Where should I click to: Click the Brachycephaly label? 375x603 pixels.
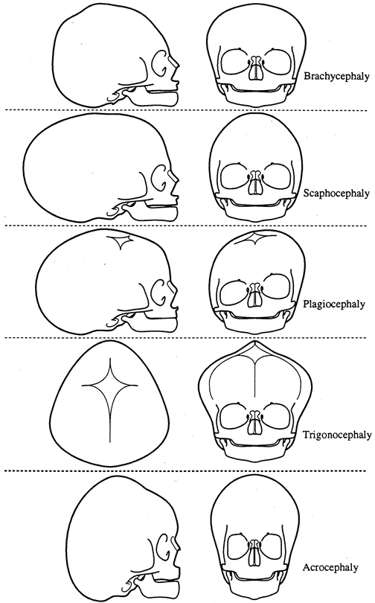pos(336,76)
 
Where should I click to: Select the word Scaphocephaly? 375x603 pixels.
pos(336,193)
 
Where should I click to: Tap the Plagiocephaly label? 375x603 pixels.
pos(334,304)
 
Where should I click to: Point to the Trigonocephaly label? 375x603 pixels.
pos(337,435)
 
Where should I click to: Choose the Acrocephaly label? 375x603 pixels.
pos(330,567)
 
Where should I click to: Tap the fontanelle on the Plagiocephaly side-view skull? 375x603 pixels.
pos(121,241)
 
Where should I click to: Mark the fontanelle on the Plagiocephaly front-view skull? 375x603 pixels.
pos(255,238)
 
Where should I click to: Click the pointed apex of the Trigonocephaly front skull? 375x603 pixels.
pos(255,342)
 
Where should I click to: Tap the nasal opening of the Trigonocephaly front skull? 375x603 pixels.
pos(255,424)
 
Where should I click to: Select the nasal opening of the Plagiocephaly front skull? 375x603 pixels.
pos(254,296)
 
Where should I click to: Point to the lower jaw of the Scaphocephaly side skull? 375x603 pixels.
pos(153,214)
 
